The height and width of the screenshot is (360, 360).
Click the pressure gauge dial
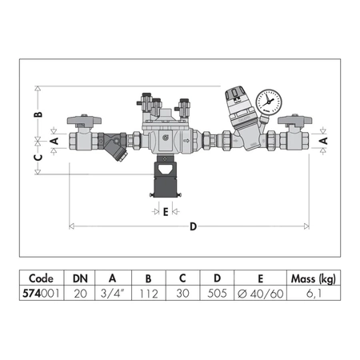pyautogui.click(x=269, y=102)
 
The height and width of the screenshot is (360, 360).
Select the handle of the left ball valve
pyautogui.click(x=84, y=120)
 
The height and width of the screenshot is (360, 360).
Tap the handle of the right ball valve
pyautogui.click(x=294, y=120)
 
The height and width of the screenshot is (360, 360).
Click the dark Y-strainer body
pyautogui.click(x=113, y=146)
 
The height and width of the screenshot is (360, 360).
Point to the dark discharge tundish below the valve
pyautogui.click(x=166, y=177)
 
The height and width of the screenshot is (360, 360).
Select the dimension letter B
pyautogui.click(x=39, y=114)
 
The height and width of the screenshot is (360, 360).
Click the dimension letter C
pyautogui.click(x=38, y=158)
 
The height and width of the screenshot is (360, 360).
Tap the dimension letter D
pyautogui.click(x=193, y=226)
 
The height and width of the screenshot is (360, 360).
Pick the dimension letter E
pyautogui.click(x=166, y=212)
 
